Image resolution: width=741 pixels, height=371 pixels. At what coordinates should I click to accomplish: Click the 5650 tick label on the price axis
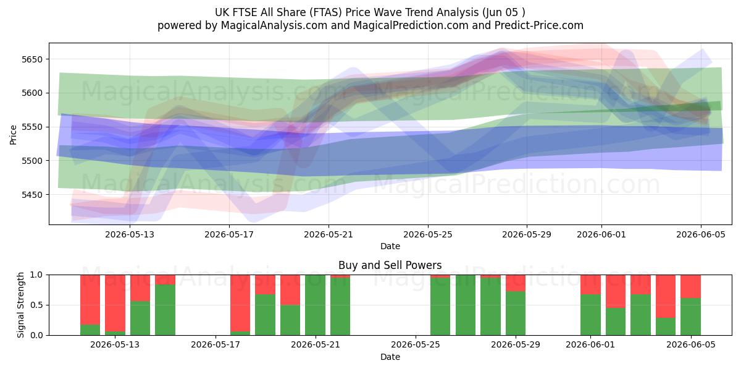tap(32, 59)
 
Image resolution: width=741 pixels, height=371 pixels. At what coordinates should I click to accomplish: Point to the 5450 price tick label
tap(32, 195)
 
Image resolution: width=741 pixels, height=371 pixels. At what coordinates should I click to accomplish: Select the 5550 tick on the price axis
tap(32, 127)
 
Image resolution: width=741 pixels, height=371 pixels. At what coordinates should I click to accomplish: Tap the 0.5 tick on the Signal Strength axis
tap(36, 305)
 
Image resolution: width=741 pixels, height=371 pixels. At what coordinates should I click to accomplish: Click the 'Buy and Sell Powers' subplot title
tap(390, 265)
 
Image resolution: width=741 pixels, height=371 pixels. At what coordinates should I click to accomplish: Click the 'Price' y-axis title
tap(13, 135)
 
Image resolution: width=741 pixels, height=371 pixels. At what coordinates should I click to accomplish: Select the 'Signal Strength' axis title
tap(20, 305)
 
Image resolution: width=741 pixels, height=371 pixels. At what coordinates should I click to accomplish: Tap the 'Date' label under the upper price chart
tap(390, 246)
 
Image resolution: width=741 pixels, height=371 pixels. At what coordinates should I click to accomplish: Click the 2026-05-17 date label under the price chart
tap(229, 234)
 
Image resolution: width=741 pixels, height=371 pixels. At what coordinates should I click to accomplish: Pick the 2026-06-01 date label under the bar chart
tap(590, 345)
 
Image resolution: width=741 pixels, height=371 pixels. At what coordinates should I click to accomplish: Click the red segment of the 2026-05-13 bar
tap(115, 303)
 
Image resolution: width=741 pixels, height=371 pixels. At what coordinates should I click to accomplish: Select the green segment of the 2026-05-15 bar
tap(165, 310)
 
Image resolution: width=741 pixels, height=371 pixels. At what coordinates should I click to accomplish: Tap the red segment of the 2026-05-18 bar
tap(240, 303)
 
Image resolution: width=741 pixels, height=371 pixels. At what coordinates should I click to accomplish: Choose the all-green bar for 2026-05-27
tap(466, 305)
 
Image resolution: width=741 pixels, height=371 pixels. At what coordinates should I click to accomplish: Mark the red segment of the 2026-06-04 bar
tap(666, 296)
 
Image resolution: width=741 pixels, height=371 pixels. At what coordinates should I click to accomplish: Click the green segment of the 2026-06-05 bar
tap(691, 317)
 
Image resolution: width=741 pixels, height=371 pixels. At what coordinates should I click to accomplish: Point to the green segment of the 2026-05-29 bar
tap(516, 313)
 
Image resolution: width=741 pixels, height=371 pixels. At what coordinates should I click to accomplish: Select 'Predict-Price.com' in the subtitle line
tap(539, 25)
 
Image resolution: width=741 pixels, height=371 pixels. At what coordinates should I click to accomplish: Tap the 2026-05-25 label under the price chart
tap(428, 234)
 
